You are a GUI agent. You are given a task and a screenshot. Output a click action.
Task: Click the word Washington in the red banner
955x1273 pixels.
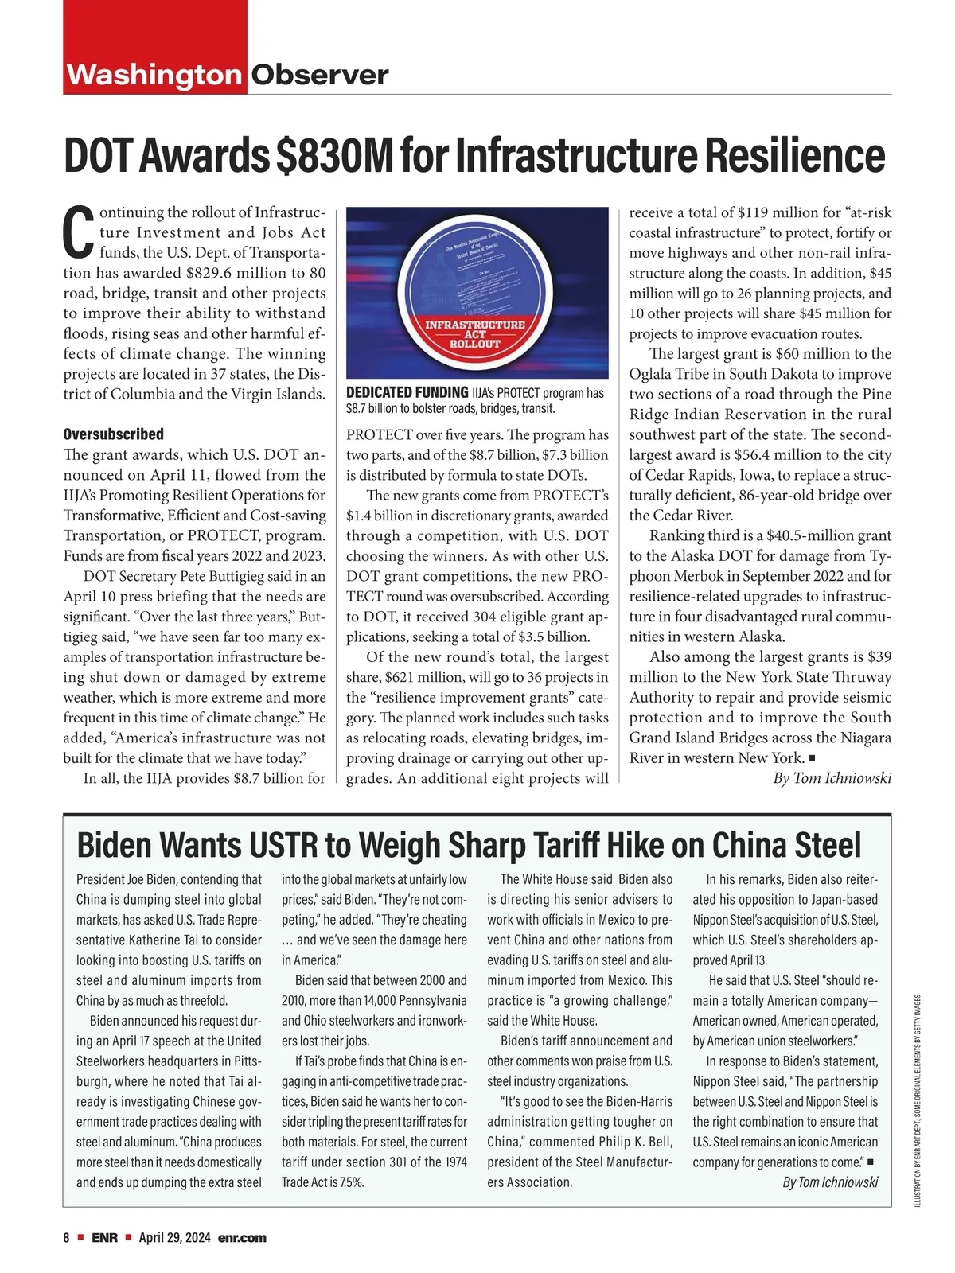pyautogui.click(x=154, y=75)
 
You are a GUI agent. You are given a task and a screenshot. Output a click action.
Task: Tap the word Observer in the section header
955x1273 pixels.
pyautogui.click(x=320, y=75)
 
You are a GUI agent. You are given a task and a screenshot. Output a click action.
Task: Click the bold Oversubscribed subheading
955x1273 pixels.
pyautogui.click(x=113, y=434)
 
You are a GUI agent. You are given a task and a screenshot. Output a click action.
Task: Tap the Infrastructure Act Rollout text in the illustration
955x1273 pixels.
pyautogui.click(x=475, y=334)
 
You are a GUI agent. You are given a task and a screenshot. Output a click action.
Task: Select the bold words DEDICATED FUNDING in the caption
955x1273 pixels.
pyautogui.click(x=407, y=393)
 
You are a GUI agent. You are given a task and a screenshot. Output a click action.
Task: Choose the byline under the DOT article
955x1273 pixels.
pyautogui.click(x=832, y=778)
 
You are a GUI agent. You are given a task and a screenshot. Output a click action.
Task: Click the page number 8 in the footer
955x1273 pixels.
pyautogui.click(x=67, y=1238)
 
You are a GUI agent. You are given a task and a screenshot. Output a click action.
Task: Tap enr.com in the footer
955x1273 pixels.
pyautogui.click(x=242, y=1238)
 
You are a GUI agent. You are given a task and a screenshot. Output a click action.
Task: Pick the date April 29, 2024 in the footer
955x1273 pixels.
pyautogui.click(x=174, y=1238)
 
